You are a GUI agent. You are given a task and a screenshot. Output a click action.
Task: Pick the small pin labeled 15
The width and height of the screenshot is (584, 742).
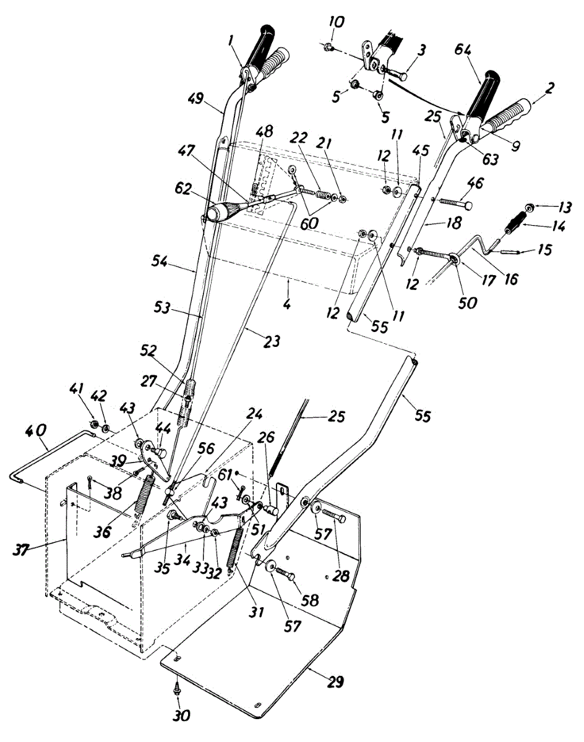pos(505,252)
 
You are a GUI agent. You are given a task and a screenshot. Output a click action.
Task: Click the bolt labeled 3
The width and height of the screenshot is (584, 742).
pos(397,74)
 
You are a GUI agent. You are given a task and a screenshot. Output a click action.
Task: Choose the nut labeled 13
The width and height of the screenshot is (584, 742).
pos(530,207)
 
